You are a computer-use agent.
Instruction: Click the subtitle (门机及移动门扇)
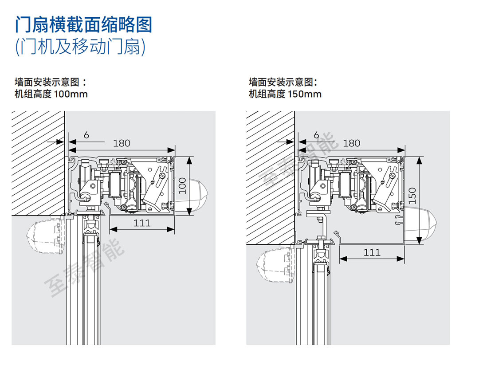80,47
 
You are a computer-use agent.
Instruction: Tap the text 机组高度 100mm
51,94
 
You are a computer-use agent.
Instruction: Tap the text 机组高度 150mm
285,94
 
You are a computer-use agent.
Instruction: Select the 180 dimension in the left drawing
122,143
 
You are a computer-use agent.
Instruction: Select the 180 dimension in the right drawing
351,143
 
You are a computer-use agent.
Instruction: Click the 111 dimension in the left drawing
142,223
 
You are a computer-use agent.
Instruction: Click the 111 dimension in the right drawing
372,252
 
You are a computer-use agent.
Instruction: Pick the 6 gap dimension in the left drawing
86,135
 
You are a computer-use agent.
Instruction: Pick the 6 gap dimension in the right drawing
316,135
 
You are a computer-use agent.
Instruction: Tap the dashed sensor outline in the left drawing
44,238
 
